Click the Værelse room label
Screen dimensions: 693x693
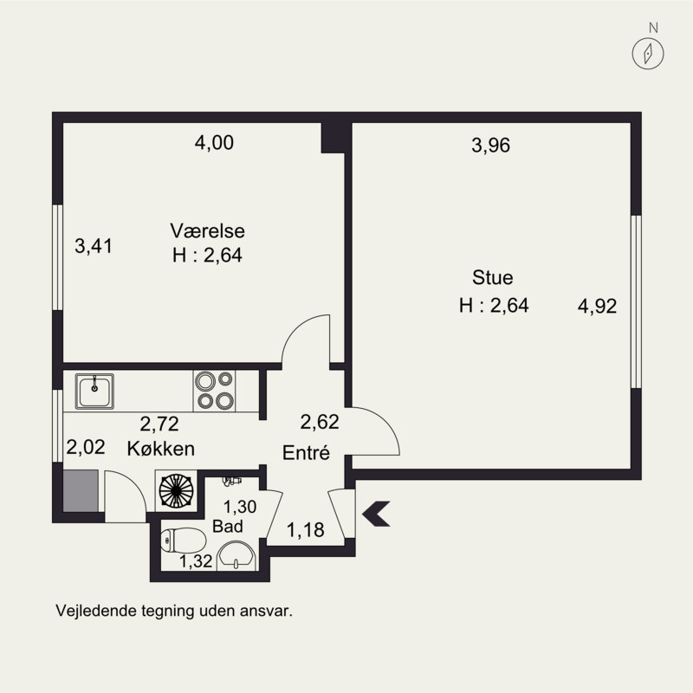[207, 231]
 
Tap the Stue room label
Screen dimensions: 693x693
[492, 277]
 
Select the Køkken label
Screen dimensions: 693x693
[161, 449]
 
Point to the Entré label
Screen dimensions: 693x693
[306, 452]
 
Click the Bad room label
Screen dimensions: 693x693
[228, 527]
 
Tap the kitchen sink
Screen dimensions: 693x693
[94, 392]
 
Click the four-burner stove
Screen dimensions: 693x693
[214, 391]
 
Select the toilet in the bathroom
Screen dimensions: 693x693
[183, 540]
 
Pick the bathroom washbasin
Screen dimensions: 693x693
[236, 556]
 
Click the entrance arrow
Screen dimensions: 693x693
[376, 514]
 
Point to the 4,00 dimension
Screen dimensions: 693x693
[214, 143]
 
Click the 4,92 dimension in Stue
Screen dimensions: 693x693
[597, 306]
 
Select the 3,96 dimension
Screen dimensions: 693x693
[490, 145]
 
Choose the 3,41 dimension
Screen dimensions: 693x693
[94, 246]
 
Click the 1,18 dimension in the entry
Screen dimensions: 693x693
[306, 529]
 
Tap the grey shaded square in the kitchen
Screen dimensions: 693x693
[81, 490]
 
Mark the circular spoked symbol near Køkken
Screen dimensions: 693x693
[177, 490]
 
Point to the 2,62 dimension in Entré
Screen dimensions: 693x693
[320, 422]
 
